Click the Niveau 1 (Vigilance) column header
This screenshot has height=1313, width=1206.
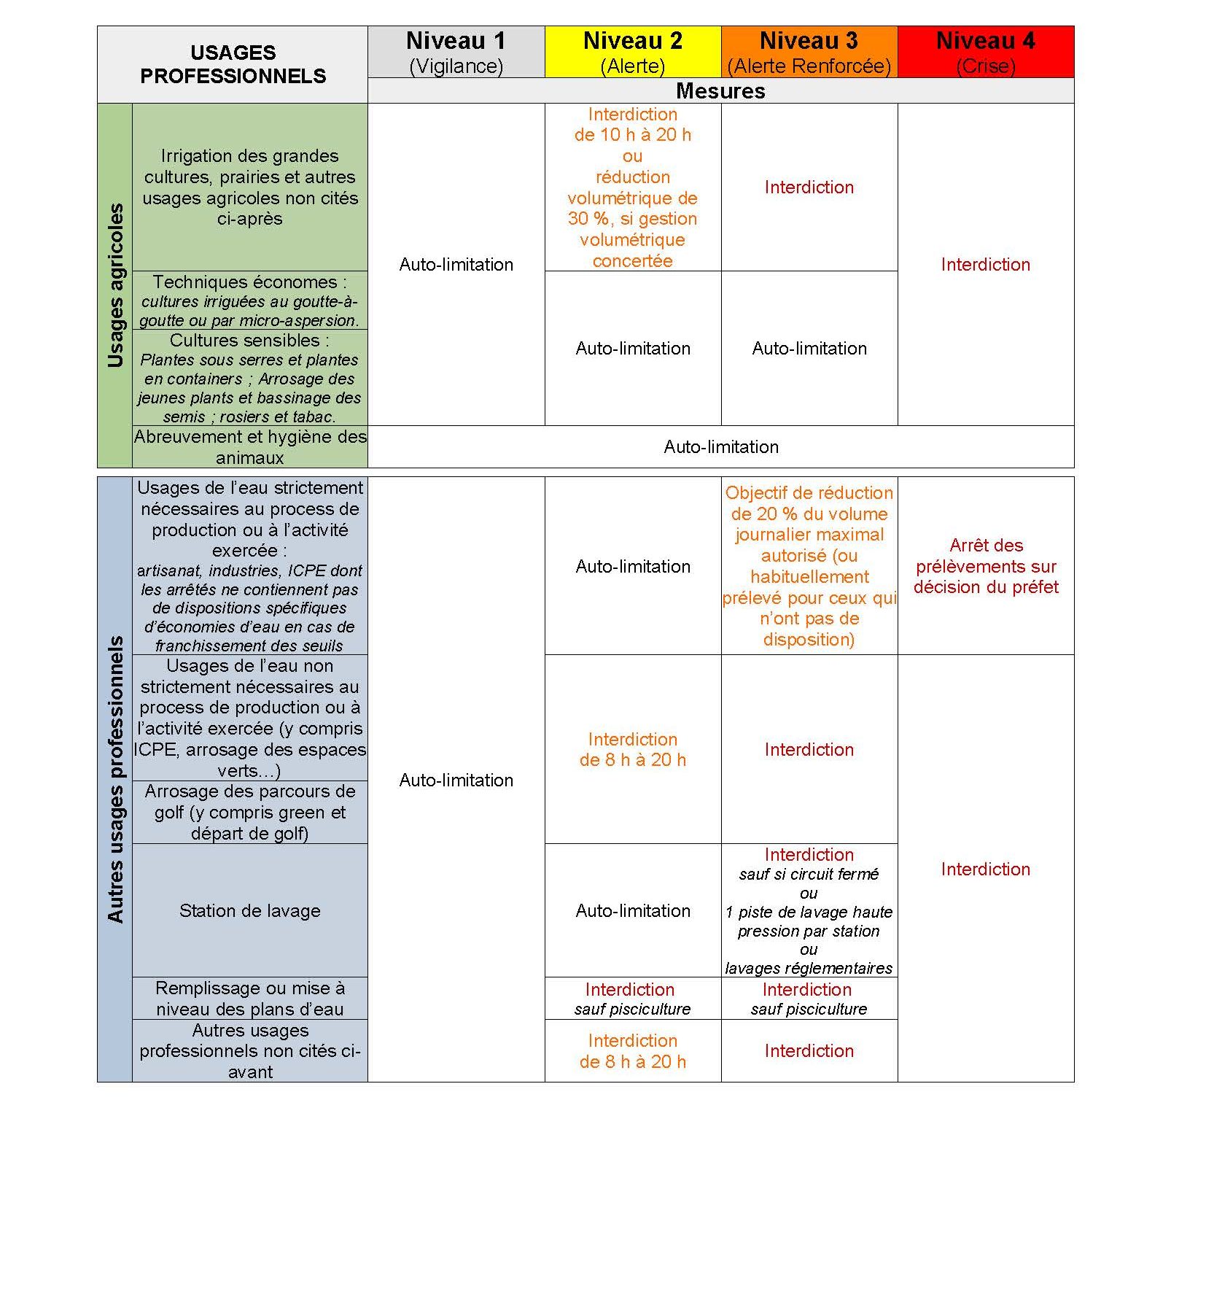(x=456, y=52)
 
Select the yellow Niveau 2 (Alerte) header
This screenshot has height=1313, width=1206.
(x=632, y=52)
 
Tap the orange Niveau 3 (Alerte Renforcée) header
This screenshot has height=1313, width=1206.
(x=809, y=52)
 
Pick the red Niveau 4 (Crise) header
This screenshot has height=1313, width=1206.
(x=985, y=52)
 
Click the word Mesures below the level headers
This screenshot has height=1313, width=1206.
(x=720, y=90)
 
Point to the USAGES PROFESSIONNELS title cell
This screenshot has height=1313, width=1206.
(x=233, y=64)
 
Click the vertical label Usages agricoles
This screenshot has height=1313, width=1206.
(x=115, y=284)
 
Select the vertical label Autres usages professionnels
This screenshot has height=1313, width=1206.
(x=115, y=778)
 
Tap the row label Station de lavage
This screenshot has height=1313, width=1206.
(x=249, y=910)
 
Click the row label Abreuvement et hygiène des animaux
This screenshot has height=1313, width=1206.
(x=249, y=446)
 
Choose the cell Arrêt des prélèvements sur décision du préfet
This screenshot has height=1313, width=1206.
(x=985, y=565)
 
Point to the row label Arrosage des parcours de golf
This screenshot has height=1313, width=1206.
(x=249, y=812)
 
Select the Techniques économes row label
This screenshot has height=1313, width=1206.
(x=249, y=301)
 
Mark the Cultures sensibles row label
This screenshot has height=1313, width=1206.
(x=249, y=378)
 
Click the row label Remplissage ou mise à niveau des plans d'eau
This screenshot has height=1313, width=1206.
(x=249, y=999)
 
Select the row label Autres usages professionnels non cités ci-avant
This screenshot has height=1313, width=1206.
(x=249, y=1050)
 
